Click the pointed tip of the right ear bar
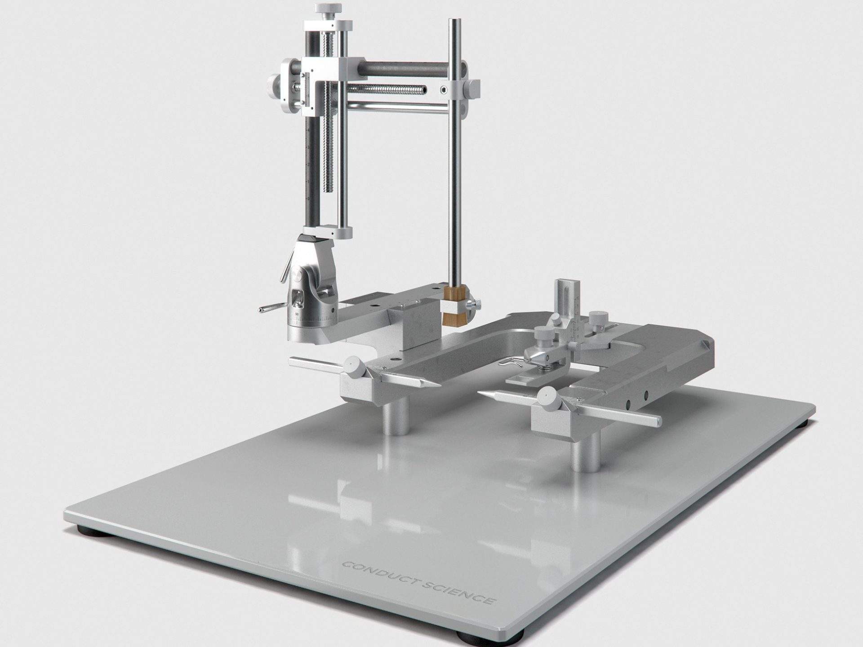(481, 392)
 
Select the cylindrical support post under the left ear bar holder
(396, 418)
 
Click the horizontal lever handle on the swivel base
(270, 309)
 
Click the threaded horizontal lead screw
(387, 90)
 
